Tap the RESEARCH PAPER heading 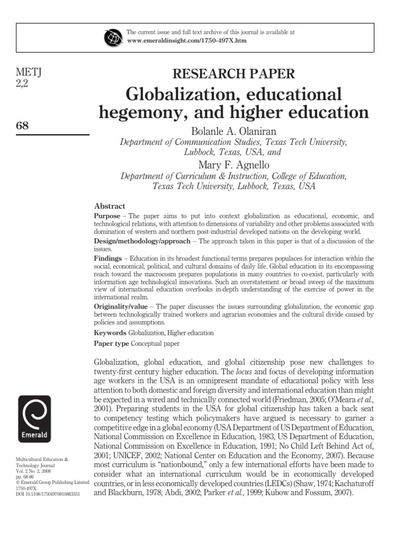coord(234,74)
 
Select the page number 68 coord(23,125)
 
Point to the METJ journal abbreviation coord(30,73)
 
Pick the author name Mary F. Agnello coord(234,165)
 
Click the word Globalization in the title coord(179,94)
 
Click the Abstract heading coord(109,206)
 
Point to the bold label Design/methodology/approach coord(142,241)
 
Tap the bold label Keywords coord(110,332)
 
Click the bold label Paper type coord(112,344)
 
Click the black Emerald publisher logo coord(35,419)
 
